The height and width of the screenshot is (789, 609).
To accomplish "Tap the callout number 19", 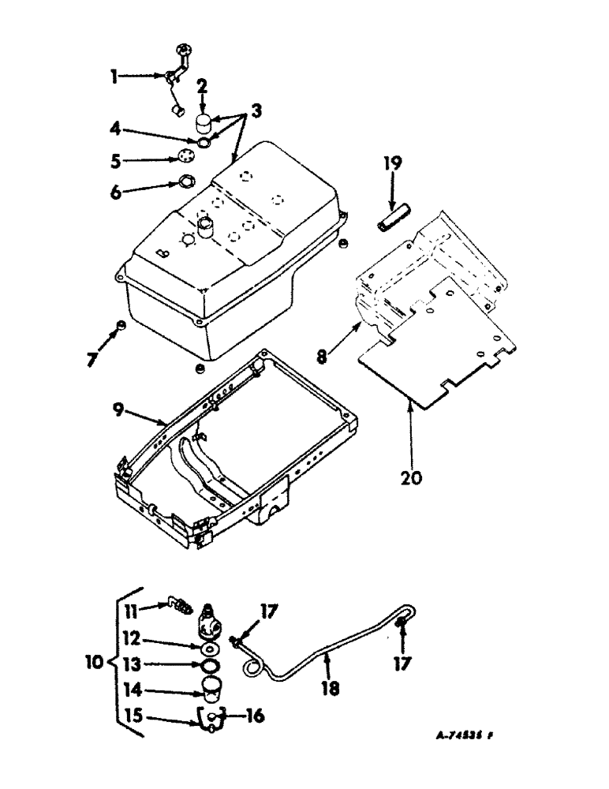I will [393, 164].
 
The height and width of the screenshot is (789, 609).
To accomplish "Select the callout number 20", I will [410, 477].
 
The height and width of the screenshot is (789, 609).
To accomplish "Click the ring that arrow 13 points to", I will [208, 665].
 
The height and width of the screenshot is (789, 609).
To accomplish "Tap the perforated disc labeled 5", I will [187, 155].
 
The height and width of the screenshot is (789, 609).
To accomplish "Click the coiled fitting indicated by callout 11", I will [182, 608].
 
